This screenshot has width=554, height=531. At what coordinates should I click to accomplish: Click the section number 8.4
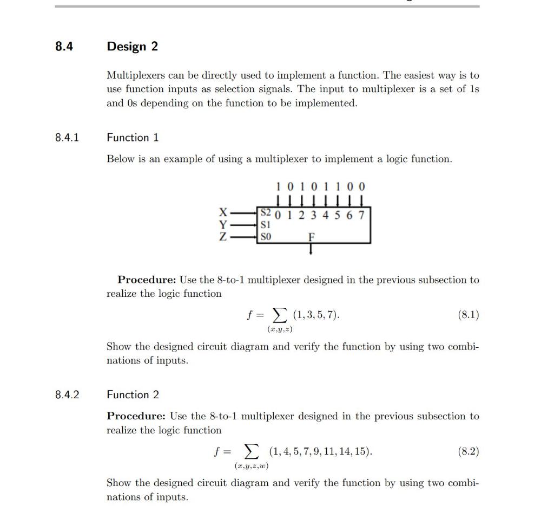point(64,47)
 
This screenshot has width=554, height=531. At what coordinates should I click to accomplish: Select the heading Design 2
point(133,47)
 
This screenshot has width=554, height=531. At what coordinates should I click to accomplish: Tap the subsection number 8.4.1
point(67,138)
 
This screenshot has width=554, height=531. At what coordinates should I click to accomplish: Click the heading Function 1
point(133,138)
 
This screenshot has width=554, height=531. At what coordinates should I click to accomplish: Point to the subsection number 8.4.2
point(67,395)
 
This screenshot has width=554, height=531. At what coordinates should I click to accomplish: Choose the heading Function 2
point(133,395)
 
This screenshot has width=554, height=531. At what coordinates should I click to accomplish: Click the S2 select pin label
point(266,213)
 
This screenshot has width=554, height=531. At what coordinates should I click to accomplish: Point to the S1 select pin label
point(265,224)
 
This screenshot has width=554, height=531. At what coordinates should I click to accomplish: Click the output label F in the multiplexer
point(311,237)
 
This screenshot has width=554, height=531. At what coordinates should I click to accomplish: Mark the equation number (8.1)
point(468,315)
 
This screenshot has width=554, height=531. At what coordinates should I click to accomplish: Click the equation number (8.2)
point(468,451)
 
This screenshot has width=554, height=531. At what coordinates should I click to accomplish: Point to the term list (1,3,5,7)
point(316,315)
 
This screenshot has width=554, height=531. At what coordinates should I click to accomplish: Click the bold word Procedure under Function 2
point(136,416)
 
